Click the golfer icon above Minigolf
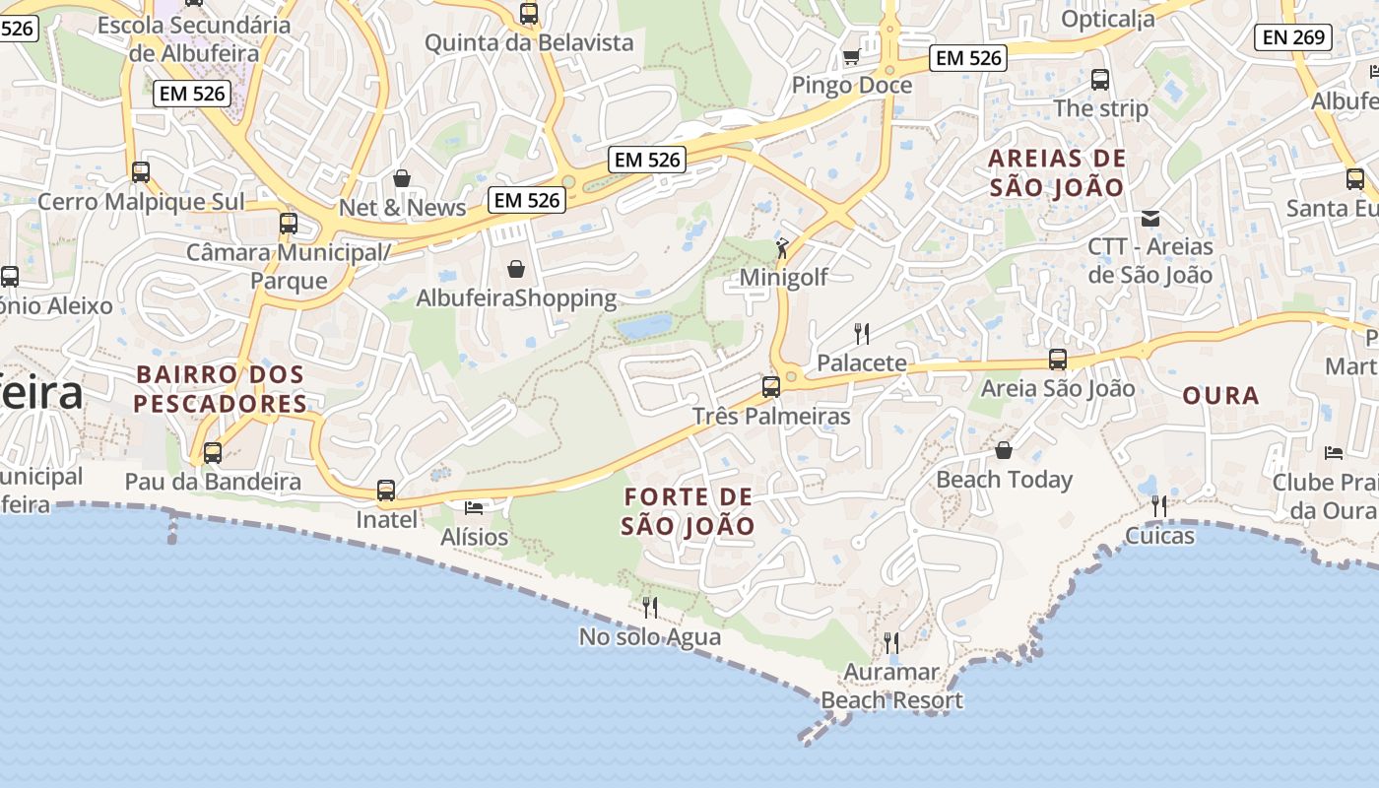(x=782, y=247)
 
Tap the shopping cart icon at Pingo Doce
(x=851, y=56)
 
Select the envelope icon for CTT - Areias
(x=1149, y=218)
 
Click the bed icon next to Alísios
(x=474, y=508)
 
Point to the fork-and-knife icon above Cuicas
(x=1159, y=506)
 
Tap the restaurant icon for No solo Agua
(x=649, y=607)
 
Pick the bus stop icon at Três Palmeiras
(x=771, y=386)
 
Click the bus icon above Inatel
(x=386, y=490)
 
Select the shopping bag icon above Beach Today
(x=1004, y=450)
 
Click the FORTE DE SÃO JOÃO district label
(x=689, y=511)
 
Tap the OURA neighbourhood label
(x=1220, y=396)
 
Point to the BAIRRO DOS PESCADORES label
(x=221, y=389)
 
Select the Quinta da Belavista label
(x=529, y=42)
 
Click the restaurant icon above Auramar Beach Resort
(x=891, y=643)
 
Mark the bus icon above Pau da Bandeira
(x=213, y=453)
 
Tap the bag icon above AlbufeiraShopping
(x=516, y=268)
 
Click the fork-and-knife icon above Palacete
(x=862, y=333)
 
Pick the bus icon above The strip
(x=1100, y=80)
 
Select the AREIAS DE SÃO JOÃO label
(x=1057, y=172)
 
